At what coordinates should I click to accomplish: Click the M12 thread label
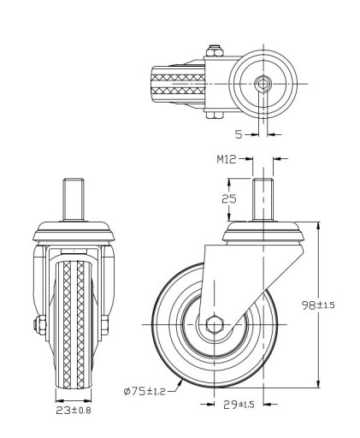[x=227, y=159]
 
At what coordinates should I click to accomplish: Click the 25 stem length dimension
[x=229, y=198]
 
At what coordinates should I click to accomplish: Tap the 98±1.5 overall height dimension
[x=318, y=305]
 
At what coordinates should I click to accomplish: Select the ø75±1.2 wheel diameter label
[x=145, y=391]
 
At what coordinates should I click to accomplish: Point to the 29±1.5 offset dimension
[x=239, y=404]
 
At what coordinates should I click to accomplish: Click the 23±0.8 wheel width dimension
[x=74, y=411]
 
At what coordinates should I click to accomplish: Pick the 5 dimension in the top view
[x=239, y=134]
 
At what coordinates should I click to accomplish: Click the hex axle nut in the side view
[x=214, y=325]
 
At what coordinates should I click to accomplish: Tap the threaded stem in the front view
[x=74, y=199]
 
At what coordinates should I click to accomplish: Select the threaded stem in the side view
[x=263, y=199]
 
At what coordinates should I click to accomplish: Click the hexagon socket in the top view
[x=263, y=84]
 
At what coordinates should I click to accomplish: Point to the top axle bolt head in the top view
[x=215, y=51]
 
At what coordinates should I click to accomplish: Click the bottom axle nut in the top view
[x=215, y=115]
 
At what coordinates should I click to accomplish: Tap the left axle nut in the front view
[x=40, y=325]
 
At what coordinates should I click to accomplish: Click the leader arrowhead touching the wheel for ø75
[x=180, y=383]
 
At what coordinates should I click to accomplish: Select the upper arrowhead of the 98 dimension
[x=318, y=226]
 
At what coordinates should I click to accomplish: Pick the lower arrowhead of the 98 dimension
[x=318, y=383]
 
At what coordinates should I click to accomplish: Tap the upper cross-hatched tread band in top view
[x=178, y=77]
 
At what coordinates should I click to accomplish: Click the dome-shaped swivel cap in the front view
[x=74, y=232]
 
